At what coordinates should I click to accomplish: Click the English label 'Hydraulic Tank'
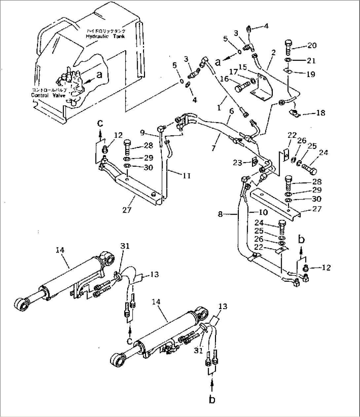pyautogui.click(x=105, y=36)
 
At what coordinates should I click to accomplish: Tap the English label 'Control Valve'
pyautogui.click(x=49, y=95)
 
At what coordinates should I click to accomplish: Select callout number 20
pyautogui.click(x=312, y=45)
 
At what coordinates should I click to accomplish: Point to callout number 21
pyautogui.click(x=311, y=60)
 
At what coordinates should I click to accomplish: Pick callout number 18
pyautogui.click(x=320, y=113)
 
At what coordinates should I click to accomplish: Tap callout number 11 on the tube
pyautogui.click(x=187, y=176)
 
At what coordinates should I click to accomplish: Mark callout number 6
pyautogui.click(x=232, y=112)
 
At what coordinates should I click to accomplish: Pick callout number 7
pyautogui.click(x=213, y=148)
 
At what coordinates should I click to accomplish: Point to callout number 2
pyautogui.click(x=273, y=52)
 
